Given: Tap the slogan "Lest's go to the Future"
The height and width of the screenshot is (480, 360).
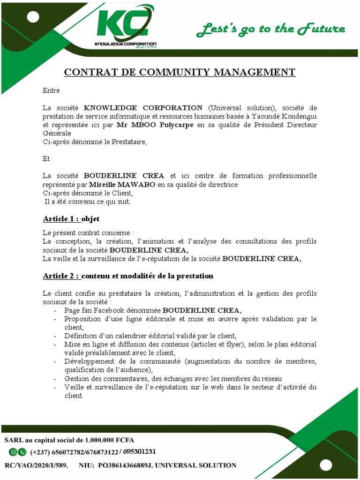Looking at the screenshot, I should click(x=270, y=30).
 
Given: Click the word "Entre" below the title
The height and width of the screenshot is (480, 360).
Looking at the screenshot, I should click(x=51, y=90).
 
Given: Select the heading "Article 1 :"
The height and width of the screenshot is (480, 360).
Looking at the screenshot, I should click(x=61, y=219).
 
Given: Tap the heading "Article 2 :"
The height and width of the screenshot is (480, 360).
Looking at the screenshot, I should click(x=61, y=276).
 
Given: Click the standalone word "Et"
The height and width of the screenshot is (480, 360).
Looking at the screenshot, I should click(x=46, y=159).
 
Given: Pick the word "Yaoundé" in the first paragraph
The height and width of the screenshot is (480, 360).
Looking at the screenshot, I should click(x=264, y=116).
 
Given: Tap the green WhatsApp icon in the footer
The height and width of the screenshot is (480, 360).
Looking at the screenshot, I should click(x=13, y=452).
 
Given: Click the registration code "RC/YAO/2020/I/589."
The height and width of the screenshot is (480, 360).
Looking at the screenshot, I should click(x=36, y=465).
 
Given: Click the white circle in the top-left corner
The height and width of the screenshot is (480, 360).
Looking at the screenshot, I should click(x=33, y=18).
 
